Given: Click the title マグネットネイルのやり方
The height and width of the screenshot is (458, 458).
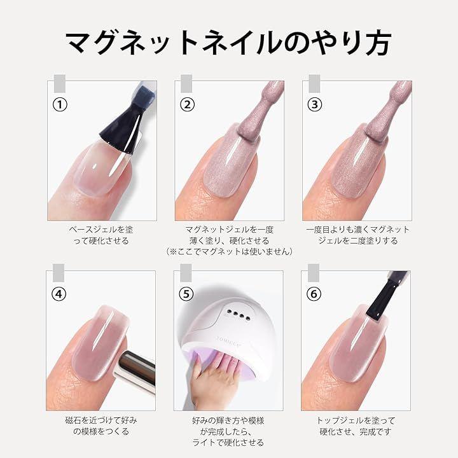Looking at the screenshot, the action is pos(228,44).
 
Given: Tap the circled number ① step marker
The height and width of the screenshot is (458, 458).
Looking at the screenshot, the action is pos(60,104).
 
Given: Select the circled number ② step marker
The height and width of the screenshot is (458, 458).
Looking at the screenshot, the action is pos(187,104).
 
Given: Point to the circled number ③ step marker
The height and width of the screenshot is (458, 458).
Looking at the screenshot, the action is pos(315,104).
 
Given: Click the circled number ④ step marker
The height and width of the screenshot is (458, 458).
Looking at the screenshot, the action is pos(59,294).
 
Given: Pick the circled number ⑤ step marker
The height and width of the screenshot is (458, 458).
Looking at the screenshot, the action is pos(186,294).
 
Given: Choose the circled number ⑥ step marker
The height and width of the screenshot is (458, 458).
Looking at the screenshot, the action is pos(314,294).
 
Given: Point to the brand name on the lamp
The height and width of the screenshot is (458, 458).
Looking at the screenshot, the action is pos(229,342).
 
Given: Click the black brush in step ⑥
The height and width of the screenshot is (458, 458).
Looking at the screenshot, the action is pos(384,295).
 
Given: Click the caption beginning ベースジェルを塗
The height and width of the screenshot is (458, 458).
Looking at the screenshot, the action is pos(101,235).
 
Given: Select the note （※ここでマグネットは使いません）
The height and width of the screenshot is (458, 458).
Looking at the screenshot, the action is pos(229,252).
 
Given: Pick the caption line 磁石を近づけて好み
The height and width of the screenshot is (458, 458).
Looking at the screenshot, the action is pos(101,420).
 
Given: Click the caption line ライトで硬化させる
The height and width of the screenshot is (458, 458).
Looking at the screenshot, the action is pos(228,443).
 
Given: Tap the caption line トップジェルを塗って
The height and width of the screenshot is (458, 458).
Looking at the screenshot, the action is pos(356,420).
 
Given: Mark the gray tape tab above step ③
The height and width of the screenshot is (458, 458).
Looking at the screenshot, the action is pos(314,83).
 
